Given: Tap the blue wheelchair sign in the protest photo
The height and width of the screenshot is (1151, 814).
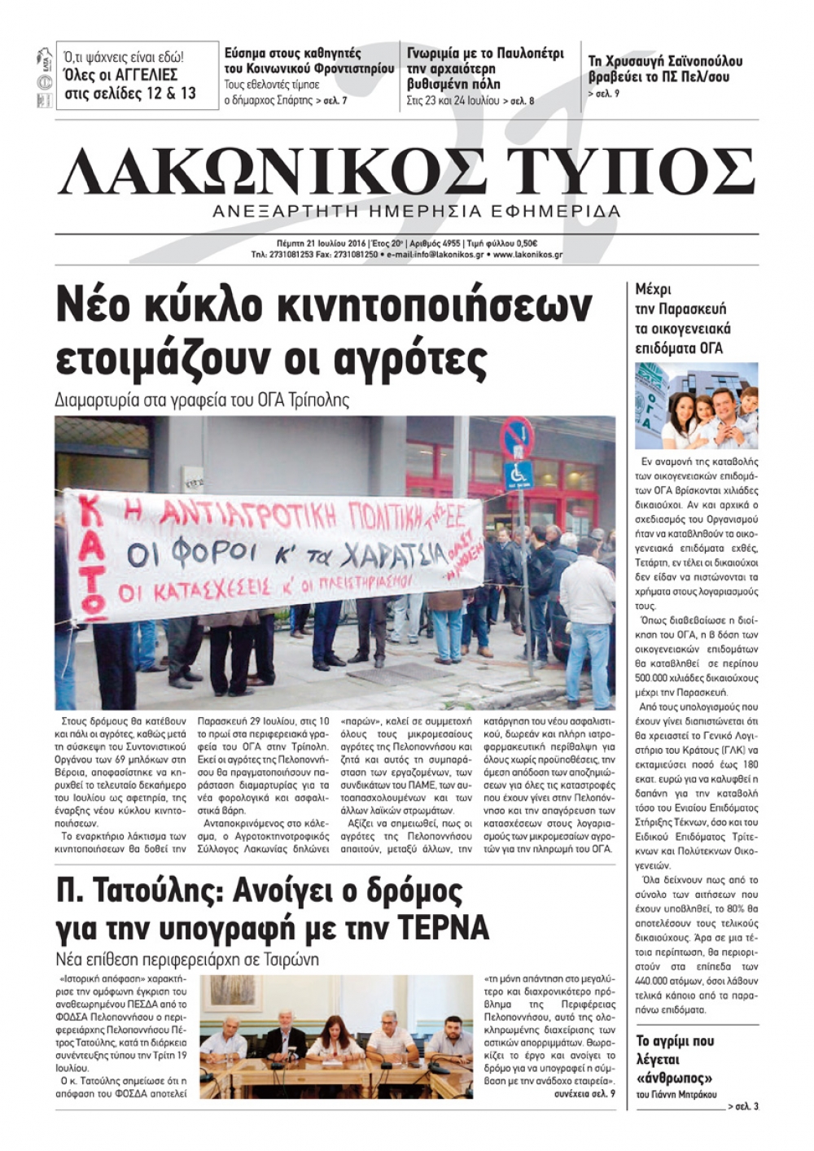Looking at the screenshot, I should [518, 471].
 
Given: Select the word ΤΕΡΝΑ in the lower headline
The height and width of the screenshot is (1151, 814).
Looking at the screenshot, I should [443, 927].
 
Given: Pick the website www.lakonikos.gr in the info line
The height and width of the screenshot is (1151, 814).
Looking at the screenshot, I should [527, 255].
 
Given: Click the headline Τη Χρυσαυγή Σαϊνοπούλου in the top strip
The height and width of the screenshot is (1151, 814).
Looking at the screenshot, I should [665, 61].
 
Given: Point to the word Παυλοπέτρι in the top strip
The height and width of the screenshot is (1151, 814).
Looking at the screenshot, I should [528, 54].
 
